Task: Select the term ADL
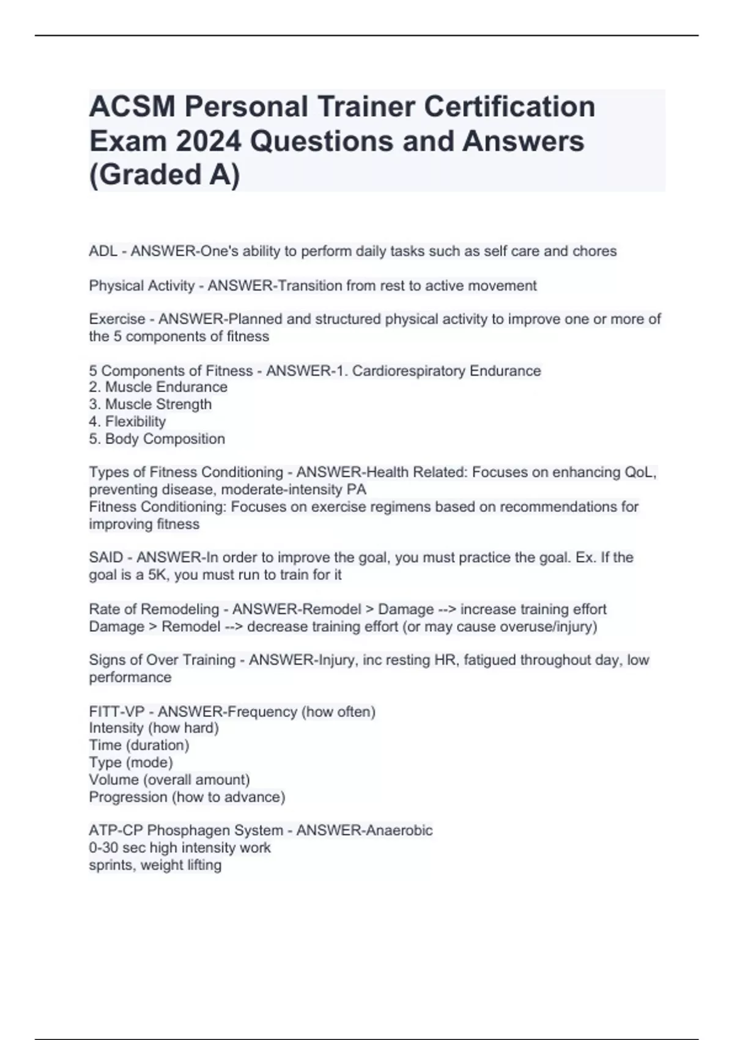pyautogui.click(x=103, y=251)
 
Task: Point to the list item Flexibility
pyautogui.click(x=135, y=422)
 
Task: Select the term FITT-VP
pyautogui.click(x=117, y=711)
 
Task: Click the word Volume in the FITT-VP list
pyautogui.click(x=114, y=780)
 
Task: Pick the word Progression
pyautogui.click(x=128, y=797)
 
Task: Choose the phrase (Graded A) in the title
pyautogui.click(x=165, y=175)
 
